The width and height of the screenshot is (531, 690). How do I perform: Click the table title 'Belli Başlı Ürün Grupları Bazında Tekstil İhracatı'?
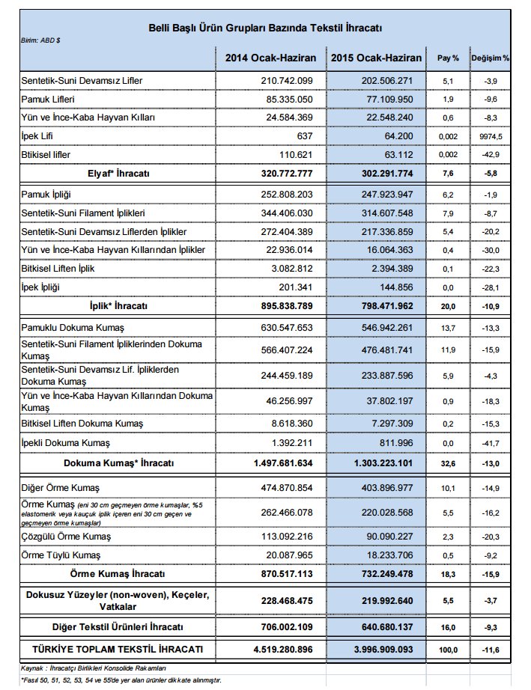[266, 28]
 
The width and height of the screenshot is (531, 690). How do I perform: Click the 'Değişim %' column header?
[491, 58]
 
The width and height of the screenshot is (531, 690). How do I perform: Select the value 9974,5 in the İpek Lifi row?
[491, 136]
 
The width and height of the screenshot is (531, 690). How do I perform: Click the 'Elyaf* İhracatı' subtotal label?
[116, 173]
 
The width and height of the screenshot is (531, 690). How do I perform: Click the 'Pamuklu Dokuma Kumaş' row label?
[71, 328]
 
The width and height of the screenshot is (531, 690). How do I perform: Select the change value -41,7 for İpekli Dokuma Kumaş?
[491, 443]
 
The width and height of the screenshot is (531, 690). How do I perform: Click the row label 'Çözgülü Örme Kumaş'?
[66, 536]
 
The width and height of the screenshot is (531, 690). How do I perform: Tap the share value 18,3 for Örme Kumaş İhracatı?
[448, 573]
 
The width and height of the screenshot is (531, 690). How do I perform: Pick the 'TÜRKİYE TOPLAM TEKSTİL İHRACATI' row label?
[116, 648]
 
